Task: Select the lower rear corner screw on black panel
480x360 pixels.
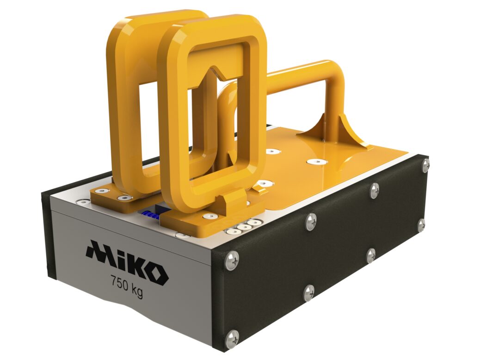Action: (421, 225)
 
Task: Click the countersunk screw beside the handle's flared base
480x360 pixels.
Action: (318, 161)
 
